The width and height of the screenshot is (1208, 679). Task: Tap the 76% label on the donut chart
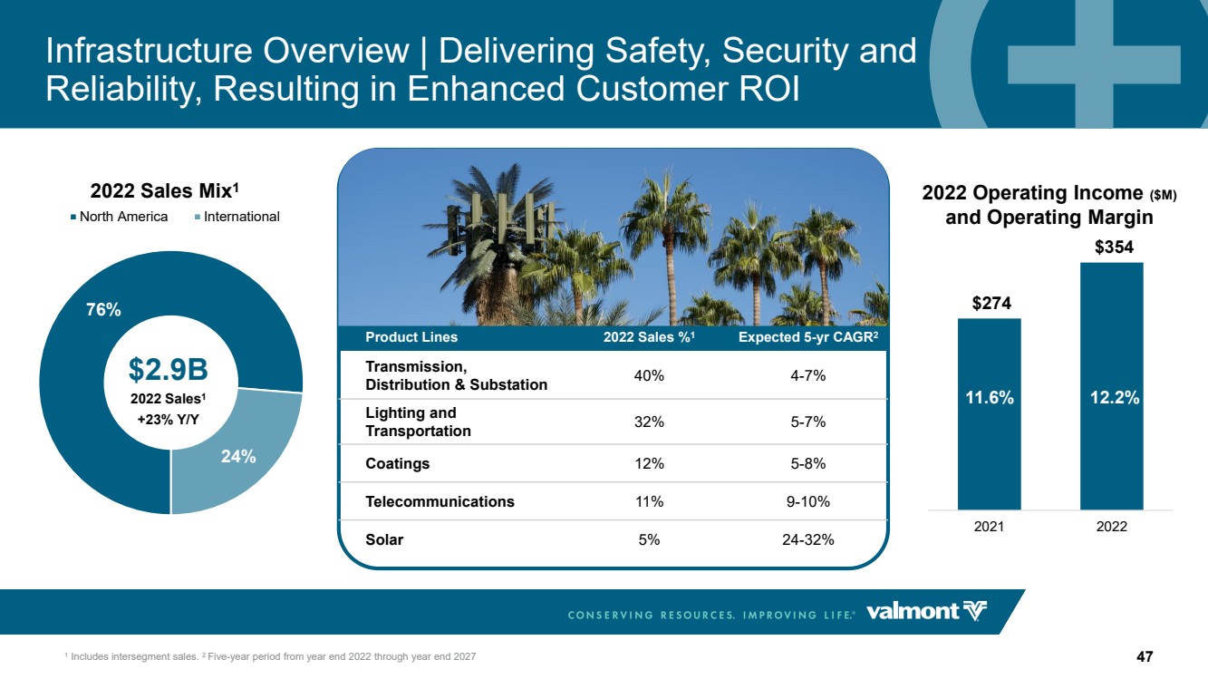103,309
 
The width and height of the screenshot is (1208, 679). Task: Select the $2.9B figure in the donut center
168,370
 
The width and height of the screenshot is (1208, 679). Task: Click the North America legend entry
120,217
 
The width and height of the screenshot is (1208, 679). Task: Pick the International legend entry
237,217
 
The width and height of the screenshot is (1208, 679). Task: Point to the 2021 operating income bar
989,413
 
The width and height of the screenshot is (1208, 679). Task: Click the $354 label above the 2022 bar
1114,247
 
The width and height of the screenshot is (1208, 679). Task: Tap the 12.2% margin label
1115,398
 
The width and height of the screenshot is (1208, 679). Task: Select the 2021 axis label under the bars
989,527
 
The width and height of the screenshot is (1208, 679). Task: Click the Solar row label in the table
384,539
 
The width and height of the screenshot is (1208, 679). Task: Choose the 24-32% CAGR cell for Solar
807,539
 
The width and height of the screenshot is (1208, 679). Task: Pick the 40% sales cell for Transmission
649,375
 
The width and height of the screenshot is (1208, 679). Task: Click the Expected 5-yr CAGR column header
808,337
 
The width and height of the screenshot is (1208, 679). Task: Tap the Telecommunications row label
440,501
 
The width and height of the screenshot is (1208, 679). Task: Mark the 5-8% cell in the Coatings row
807,463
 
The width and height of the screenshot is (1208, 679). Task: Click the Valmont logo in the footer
926,612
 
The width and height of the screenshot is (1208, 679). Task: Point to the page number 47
1145,656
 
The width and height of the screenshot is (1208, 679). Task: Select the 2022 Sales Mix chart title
165,191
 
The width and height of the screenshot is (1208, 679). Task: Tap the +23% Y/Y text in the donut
168,419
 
